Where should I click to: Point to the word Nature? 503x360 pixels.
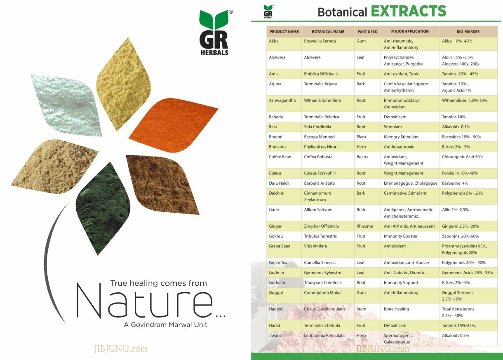[145, 301]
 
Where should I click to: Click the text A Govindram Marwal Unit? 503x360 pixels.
[165, 325]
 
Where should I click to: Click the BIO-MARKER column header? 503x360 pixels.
[468, 32]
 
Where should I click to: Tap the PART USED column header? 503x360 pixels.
[367, 32]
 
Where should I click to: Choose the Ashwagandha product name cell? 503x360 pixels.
[282, 100]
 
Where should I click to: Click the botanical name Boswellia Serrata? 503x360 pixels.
[320, 41]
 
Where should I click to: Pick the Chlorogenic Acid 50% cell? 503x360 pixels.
[463, 157]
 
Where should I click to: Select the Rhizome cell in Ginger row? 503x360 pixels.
[364, 226]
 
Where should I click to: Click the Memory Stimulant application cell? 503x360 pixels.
[401, 137]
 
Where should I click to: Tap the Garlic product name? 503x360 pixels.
[274, 210]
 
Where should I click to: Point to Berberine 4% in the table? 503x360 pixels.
[455, 183]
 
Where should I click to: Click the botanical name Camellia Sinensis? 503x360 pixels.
[320, 263]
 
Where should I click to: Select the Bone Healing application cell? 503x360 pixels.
[396, 309]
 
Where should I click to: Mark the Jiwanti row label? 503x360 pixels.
[275, 336]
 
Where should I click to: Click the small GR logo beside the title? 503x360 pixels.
[268, 12]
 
